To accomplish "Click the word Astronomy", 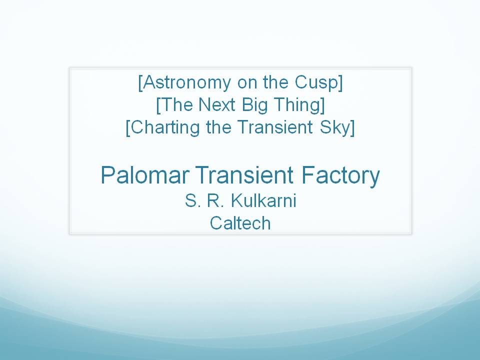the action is (x=186, y=83).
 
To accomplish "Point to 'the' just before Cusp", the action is (x=275, y=82).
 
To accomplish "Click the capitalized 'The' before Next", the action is (x=176, y=104).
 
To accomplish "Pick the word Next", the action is (x=217, y=104).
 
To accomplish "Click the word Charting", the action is (x=165, y=127).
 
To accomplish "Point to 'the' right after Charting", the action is (x=218, y=127).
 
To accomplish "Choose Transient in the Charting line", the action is (x=275, y=127).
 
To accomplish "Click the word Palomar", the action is (x=144, y=175).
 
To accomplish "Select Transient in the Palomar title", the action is (x=244, y=175).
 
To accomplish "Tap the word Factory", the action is (x=340, y=176).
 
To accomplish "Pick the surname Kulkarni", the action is (x=263, y=201).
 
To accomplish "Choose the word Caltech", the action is (x=240, y=223).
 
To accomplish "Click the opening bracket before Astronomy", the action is (x=140, y=83).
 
